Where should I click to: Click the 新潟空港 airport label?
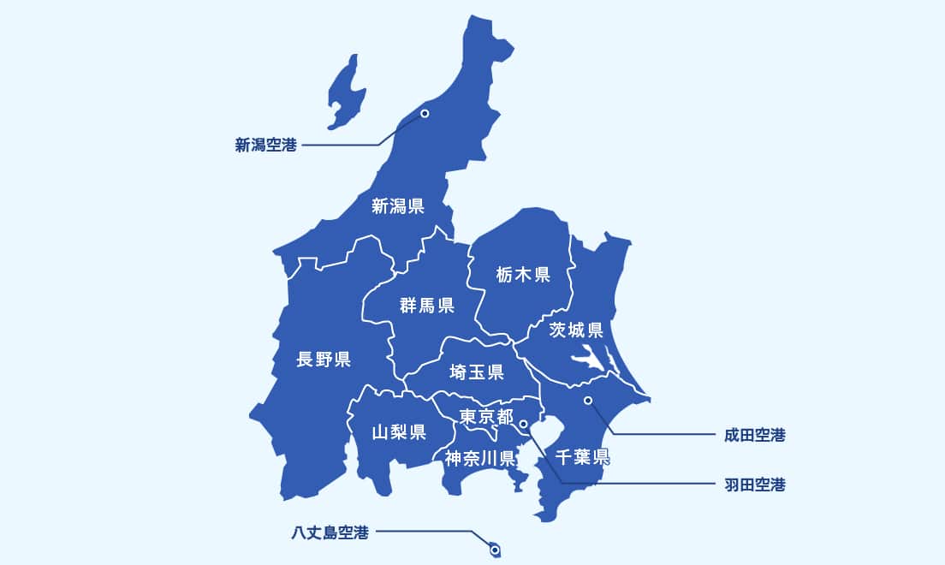265,146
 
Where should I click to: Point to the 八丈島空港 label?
330,532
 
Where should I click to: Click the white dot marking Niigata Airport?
424,113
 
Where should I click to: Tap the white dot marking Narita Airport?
587,400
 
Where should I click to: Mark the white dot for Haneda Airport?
523,423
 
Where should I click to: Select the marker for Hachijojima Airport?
494,550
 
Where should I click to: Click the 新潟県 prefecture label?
398,206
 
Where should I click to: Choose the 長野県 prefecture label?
323,359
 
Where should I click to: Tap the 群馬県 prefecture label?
426,306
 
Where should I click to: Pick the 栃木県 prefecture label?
522,275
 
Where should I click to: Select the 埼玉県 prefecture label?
477,372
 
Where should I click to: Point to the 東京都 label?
486,417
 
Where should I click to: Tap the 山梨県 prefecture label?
399,431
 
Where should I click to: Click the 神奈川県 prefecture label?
479,457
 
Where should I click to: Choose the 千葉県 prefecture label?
581,455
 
